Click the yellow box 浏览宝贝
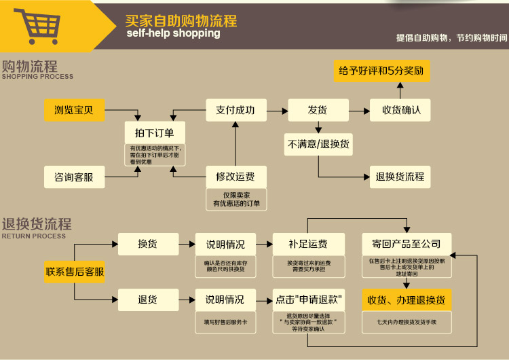click(x=74, y=109)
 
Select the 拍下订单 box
click(x=155, y=133)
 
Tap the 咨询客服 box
click(x=74, y=177)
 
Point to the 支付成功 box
click(x=235, y=109)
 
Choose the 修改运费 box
click(x=235, y=177)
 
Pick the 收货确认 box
click(x=401, y=109)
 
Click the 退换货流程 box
click(x=400, y=177)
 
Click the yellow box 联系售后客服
click(x=75, y=272)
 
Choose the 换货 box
click(x=148, y=244)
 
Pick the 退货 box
click(x=148, y=299)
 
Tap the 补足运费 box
click(x=309, y=244)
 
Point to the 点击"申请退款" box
click(x=309, y=299)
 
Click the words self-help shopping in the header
click(x=173, y=33)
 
